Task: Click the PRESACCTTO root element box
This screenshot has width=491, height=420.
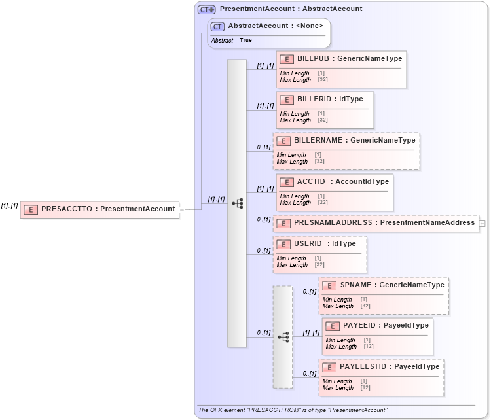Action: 100,209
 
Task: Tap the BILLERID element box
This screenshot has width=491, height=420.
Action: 325,109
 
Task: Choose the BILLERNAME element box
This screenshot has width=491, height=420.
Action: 346,150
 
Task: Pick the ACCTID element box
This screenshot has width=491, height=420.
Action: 335,192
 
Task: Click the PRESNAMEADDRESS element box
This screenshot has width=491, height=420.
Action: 375,223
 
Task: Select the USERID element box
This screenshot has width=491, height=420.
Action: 319,254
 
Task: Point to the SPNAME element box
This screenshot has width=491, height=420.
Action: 384,296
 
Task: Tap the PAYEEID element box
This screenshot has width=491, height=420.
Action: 377,336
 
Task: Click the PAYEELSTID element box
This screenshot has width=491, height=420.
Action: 381,377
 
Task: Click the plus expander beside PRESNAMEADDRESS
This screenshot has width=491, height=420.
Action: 482,223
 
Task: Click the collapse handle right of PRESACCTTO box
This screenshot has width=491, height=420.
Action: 183,209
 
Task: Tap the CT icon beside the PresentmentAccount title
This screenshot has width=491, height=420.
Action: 207,9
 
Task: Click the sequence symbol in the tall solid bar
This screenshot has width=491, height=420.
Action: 237,203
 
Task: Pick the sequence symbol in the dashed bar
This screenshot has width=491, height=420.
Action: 283,337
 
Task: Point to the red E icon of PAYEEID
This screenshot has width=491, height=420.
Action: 332,326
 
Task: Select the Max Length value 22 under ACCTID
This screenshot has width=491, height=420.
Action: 322,203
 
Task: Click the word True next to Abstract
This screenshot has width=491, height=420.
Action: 245,41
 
